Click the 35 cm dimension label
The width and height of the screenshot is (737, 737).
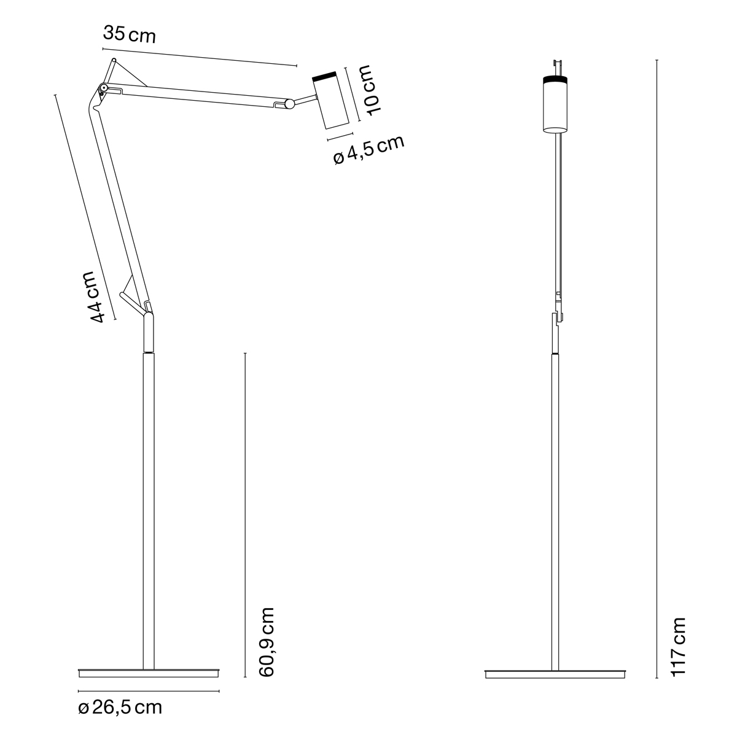pos(129,35)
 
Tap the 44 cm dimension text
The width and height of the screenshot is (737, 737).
pos(93,297)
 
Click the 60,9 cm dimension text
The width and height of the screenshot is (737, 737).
pos(267,642)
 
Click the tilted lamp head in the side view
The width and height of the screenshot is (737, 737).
pos(330,100)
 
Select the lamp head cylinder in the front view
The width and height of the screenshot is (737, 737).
pos(555,104)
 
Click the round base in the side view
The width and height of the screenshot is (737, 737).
pos(149,673)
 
